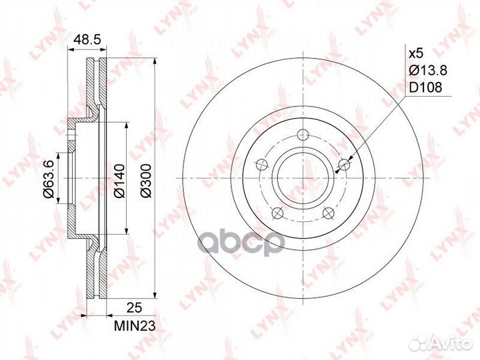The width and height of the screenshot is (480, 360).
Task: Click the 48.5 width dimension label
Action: [87, 40]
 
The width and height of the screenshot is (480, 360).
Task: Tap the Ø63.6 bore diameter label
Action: [49, 179]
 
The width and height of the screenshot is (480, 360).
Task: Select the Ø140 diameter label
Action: [119, 181]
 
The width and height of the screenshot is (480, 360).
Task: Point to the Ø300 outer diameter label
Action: [146, 181]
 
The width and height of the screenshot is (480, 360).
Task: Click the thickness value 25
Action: [135, 307]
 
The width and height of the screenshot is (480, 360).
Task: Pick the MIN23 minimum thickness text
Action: [135, 326]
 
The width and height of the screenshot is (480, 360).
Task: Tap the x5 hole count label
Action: [416, 54]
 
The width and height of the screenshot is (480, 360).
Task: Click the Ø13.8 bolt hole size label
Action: [428, 71]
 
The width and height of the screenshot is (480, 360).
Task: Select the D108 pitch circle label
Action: [425, 88]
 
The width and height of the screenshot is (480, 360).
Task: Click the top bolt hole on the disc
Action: [303, 134]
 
